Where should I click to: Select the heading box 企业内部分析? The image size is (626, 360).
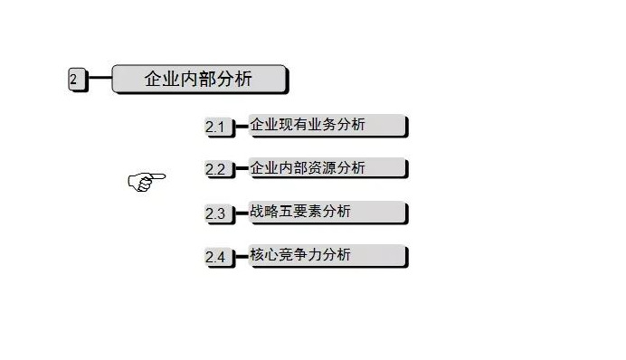coord(199,79)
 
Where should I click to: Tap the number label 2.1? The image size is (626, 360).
coord(217,128)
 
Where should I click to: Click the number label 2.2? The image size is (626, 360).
coord(217,170)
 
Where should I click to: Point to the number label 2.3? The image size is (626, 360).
coord(217,214)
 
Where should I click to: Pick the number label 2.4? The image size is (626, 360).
coord(217,258)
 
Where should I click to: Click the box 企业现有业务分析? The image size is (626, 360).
coord(327,125)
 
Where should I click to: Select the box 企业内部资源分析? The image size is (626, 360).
coord(327,168)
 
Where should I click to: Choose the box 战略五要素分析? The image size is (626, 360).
coord(327,213)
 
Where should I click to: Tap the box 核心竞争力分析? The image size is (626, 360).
coord(327,256)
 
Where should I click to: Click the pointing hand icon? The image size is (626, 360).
coord(146,181)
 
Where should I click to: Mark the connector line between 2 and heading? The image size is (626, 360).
coord(100,79)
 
